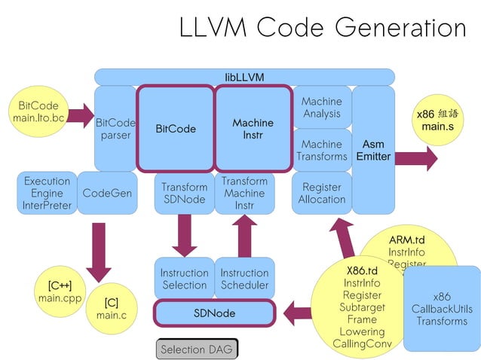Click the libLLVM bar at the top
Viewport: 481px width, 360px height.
[244, 77]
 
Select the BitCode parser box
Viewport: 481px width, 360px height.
[115, 129]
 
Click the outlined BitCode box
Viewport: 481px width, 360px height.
[176, 129]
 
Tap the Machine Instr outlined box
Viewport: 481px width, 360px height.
[253, 129]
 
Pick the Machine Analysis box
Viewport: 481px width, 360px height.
[321, 108]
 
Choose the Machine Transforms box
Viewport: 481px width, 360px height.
[321, 150]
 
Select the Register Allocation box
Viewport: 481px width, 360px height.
[321, 193]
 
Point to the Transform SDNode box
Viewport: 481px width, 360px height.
[184, 193]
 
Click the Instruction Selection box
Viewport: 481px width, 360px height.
[184, 279]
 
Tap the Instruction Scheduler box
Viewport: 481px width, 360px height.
[244, 279]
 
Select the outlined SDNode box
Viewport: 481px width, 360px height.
[214, 313]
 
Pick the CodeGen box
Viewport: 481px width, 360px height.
[107, 193]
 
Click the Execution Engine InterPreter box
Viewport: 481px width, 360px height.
[47, 193]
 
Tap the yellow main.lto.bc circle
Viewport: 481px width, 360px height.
[38, 113]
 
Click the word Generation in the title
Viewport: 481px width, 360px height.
[400, 28]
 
